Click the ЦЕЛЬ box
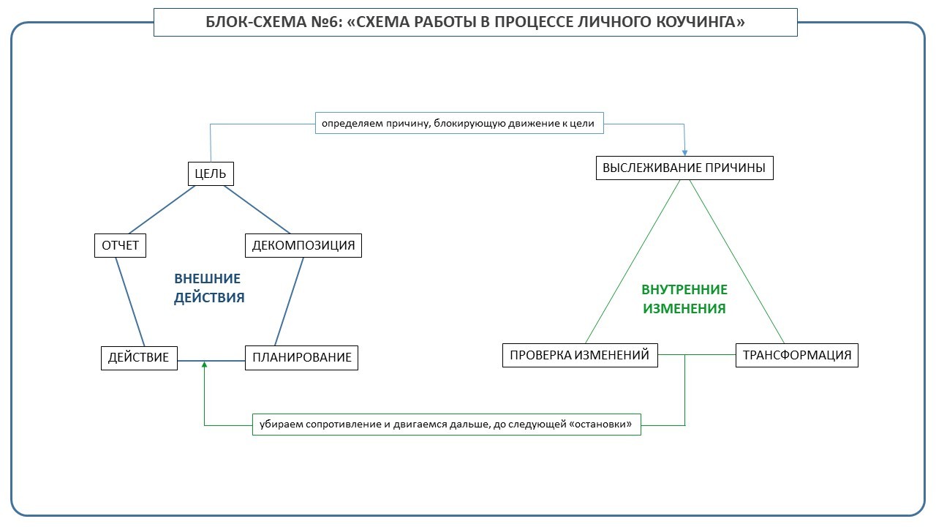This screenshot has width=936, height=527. pos(211,174)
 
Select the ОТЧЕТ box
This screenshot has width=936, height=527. pos(120,245)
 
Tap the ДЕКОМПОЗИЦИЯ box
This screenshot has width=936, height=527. pos(303,245)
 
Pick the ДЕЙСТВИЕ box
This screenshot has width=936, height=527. pos(139,357)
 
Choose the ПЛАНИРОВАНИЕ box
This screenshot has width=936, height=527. pos(301,357)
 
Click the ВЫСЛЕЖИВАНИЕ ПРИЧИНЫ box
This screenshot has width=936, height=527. pos(684,168)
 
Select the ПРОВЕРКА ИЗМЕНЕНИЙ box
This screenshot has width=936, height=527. pos(579,355)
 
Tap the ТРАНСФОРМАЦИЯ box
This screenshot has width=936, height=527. pos(796,355)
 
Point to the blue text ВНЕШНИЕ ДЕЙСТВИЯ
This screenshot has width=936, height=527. pos(208,288)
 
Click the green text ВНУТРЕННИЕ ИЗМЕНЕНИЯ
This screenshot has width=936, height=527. pos(684,299)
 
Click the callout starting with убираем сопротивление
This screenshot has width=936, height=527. pos(446,424)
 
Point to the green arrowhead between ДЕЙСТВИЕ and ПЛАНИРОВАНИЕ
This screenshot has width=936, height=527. pos(204,365)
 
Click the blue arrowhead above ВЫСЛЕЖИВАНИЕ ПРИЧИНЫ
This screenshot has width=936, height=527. pos(684,151)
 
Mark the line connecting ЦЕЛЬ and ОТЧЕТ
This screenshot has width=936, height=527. pos(162,209)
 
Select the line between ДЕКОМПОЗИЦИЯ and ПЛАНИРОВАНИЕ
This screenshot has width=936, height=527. pos(290,301)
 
